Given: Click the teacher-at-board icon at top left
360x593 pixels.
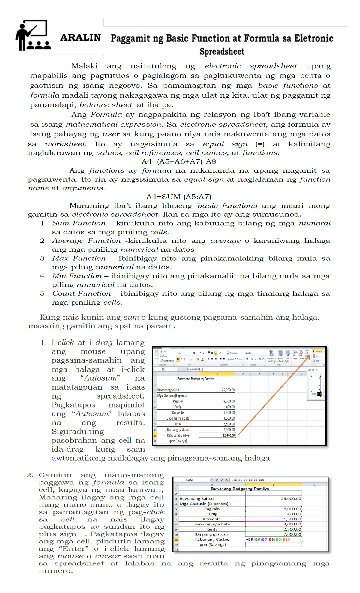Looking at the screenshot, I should coord(33,35).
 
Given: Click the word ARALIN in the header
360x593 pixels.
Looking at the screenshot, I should coord(80,38).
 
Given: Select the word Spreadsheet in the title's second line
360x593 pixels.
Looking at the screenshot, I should coord(222,52).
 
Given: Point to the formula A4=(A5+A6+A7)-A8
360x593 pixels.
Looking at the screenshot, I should coord(179,161).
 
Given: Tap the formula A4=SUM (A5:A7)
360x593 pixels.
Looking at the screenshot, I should coord(179,197).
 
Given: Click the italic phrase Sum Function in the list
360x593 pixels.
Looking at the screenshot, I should coord(79,223).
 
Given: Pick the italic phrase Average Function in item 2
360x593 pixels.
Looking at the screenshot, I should coord(86,241).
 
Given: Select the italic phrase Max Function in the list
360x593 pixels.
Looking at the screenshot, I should coord(79,258).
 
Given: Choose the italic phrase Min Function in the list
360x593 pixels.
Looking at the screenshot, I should coord(77,276).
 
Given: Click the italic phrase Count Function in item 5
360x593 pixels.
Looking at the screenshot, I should coord(81,293).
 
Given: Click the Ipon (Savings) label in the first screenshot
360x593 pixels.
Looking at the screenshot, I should coord(178,441).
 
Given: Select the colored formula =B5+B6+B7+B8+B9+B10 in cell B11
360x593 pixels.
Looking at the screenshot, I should coord(268,539).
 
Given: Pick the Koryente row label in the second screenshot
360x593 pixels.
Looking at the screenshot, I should coord(212,519).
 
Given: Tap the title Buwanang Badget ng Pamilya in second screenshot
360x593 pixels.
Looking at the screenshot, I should coord(240,489).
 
